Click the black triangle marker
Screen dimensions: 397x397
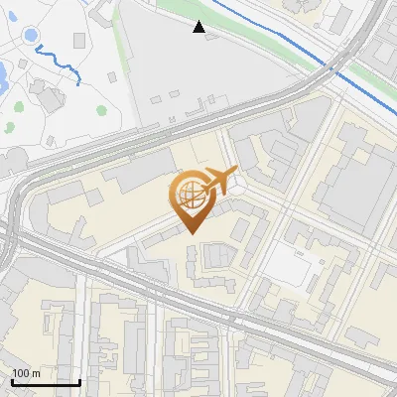[x=199, y=27]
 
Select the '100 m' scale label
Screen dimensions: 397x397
[x=26, y=373]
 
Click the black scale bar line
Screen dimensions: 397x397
[x=46, y=382]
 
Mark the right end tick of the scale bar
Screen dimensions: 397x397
[x=79, y=380]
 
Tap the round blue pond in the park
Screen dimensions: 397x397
[x=32, y=35]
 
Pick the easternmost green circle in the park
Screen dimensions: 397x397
[x=101, y=110]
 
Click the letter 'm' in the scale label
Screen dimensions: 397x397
[x=36, y=373]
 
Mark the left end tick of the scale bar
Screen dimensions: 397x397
[x=12, y=380]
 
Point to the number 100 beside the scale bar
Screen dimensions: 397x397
[x=21, y=373]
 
